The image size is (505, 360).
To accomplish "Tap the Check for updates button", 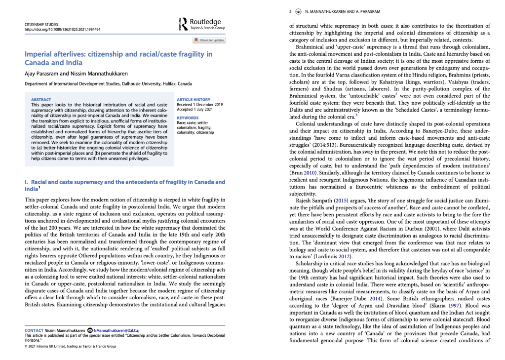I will pos(209,40).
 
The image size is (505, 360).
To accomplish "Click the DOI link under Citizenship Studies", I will pos(62,29).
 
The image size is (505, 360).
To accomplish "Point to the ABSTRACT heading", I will pos(40,100).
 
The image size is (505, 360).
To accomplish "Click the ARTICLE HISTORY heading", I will pos(193,100).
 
